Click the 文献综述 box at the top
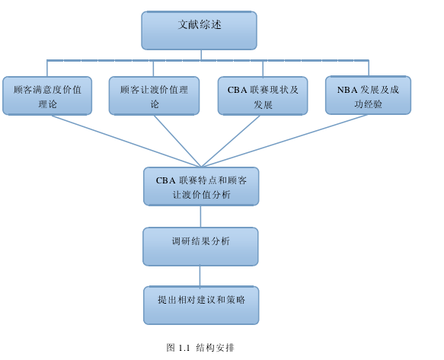click(199, 30)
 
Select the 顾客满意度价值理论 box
click(47, 96)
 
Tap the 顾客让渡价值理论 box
click(154, 96)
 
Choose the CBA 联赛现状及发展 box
click(263, 96)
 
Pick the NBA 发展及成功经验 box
click(368, 95)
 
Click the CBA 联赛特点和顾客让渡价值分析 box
click(201, 186)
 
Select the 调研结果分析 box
click(200, 247)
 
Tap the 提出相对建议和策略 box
click(201, 305)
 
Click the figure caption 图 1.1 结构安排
click(200, 348)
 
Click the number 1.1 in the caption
click(184, 348)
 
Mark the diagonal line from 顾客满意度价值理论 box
click(126, 141)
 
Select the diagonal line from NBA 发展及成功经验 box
click(285, 141)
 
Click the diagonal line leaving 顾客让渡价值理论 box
click(177, 141)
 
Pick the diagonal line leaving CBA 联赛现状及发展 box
click(231, 141)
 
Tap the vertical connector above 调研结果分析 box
click(201, 216)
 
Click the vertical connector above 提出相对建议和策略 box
click(200, 276)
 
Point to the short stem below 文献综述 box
click(201, 55)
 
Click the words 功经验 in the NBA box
click(368, 104)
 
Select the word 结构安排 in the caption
click(216, 348)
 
